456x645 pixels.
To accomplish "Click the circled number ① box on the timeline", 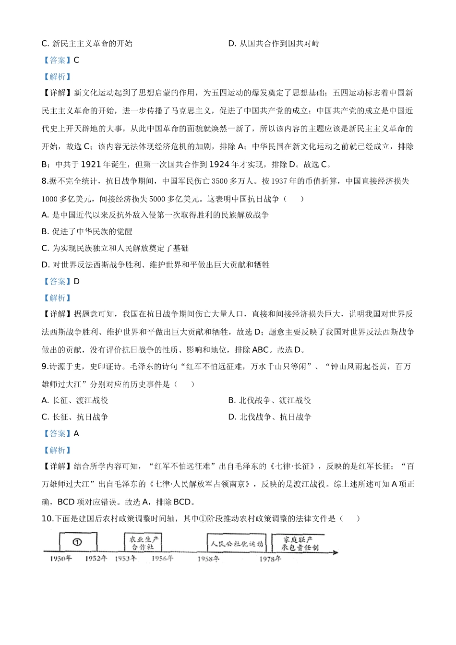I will pyautogui.click(x=78, y=542).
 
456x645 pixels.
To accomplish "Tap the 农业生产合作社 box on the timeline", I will pyautogui.click(x=143, y=543).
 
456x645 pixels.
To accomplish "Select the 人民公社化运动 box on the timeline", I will pyautogui.click(x=237, y=544).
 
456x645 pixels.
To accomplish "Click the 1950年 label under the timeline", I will pyautogui.click(x=61, y=559).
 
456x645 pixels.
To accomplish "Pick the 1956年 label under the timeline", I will pyautogui.click(x=162, y=559).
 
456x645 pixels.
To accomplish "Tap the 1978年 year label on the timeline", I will pyautogui.click(x=270, y=559).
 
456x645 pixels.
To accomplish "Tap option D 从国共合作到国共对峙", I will pyautogui.click(x=274, y=44).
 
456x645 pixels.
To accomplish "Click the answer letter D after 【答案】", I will pyautogui.click(x=77, y=281).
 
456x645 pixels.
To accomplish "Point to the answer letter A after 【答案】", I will pyautogui.click(x=76, y=433).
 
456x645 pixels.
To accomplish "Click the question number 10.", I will pyautogui.click(x=47, y=518).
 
